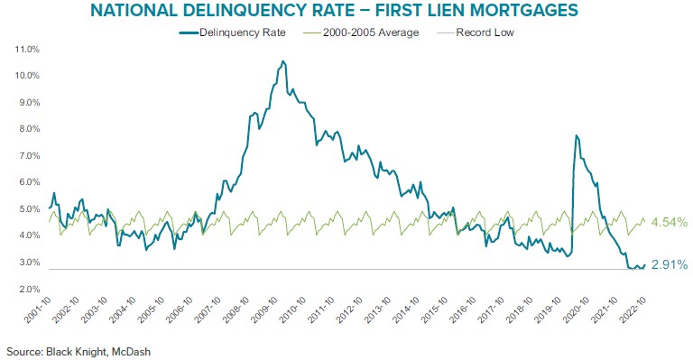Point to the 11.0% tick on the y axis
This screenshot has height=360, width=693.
click(x=26, y=50)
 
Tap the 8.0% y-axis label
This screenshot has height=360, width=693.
click(x=26, y=130)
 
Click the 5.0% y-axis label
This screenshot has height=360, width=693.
click(x=26, y=209)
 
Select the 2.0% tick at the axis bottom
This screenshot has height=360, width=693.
click(x=26, y=289)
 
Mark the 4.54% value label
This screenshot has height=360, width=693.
click(x=670, y=222)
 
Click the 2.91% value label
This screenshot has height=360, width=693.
click(x=670, y=265)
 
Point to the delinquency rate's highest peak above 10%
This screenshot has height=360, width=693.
click(x=282, y=61)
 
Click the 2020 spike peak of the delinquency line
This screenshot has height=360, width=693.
click(x=576, y=135)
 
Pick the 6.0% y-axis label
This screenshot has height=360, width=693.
click(x=26, y=182)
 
